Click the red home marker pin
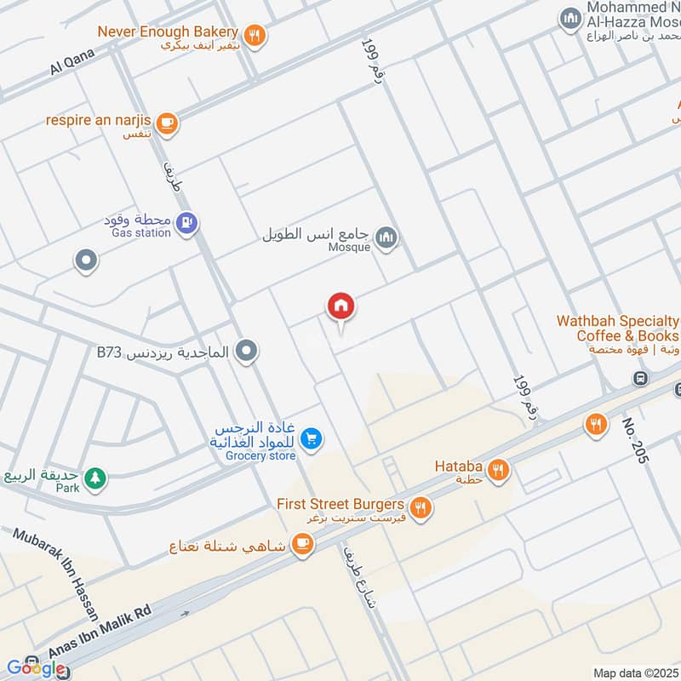pos(341,306)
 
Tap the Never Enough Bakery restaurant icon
pos(254,35)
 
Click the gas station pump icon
pos(186,224)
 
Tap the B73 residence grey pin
pos(246,351)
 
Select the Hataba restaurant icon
pos(498,468)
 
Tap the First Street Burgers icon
pos(419,508)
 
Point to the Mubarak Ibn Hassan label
pos(55,574)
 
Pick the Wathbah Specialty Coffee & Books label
pos(618,329)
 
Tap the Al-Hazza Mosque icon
pos(569,17)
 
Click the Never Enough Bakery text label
pos(168,31)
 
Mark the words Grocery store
pos(260,456)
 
